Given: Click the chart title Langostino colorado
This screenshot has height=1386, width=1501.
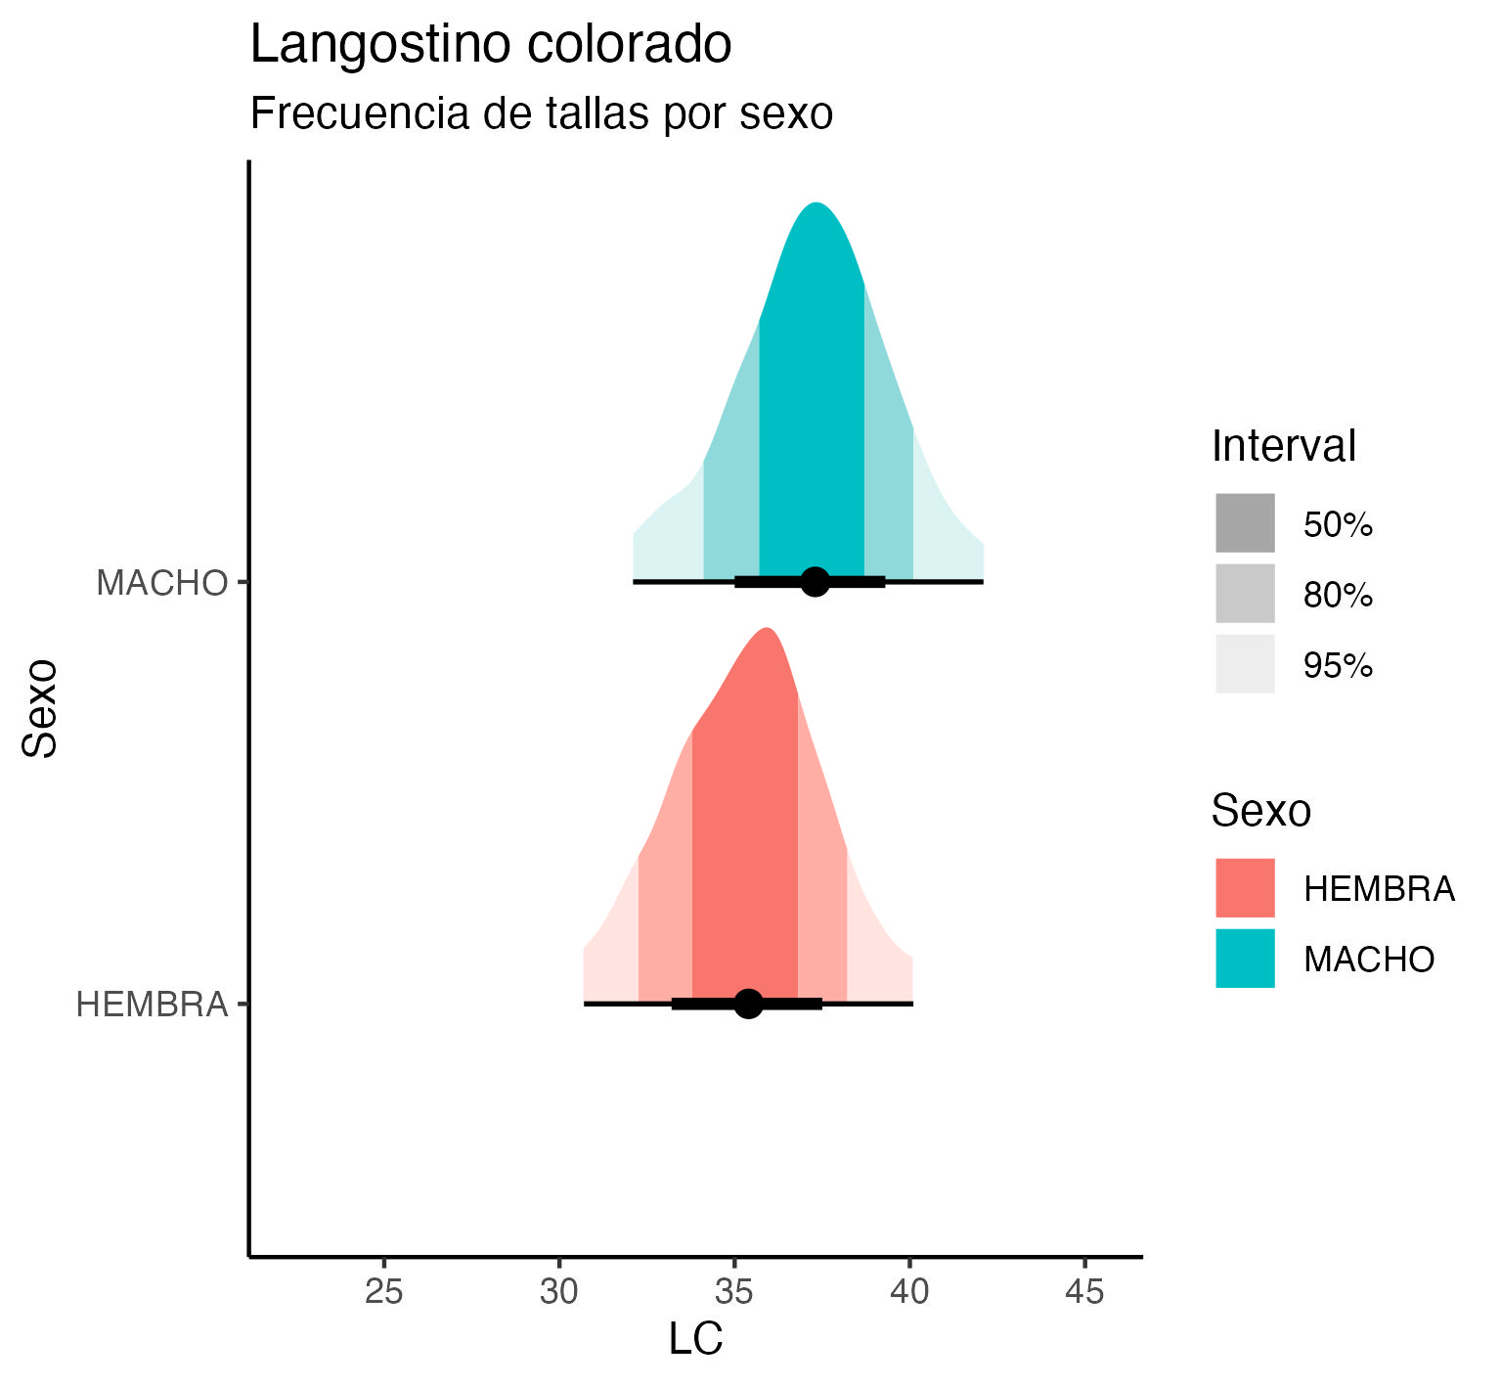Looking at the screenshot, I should coord(491,45).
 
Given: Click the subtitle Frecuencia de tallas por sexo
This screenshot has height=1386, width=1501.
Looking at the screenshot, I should coord(541,113).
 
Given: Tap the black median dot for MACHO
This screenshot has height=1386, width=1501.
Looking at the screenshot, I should coord(815,581).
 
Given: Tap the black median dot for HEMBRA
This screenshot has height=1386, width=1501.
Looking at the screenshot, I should coord(748,1004).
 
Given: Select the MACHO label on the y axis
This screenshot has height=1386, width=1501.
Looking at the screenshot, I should coord(161,583).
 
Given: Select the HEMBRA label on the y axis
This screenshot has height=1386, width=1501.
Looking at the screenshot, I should coord(152,1005).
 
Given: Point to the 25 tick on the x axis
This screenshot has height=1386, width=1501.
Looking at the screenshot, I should coord(383,1292).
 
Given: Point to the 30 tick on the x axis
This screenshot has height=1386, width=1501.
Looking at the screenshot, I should coord(559,1292).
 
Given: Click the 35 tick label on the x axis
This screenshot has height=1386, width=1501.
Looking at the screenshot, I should coord(734,1292).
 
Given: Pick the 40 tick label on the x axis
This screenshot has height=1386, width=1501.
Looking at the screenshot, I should coord(909,1292).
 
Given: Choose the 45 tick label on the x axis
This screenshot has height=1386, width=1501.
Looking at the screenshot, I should coord(1084,1292).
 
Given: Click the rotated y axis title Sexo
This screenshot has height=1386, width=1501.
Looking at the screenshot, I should coord(41,708).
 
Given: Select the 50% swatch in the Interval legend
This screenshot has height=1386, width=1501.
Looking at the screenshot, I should coord(1245,523).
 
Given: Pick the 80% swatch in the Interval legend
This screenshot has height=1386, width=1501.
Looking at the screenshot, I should coord(1245,594).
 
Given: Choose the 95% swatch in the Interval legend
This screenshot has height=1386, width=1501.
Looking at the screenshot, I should coord(1245,664).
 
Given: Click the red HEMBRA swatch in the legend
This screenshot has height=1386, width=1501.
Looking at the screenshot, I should coord(1245,888).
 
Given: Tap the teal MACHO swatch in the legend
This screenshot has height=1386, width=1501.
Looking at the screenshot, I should coord(1245,959).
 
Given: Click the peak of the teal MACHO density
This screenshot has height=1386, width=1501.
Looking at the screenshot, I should coord(816,204).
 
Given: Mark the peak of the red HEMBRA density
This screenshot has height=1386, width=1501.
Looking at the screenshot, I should coord(768,629).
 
